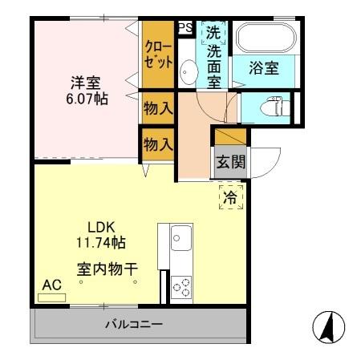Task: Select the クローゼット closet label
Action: point(157,54)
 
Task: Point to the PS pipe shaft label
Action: point(185,27)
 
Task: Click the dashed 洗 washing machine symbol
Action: point(213,34)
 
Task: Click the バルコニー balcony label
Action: point(134,325)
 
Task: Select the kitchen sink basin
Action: point(180,238)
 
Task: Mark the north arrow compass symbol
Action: point(327,326)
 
